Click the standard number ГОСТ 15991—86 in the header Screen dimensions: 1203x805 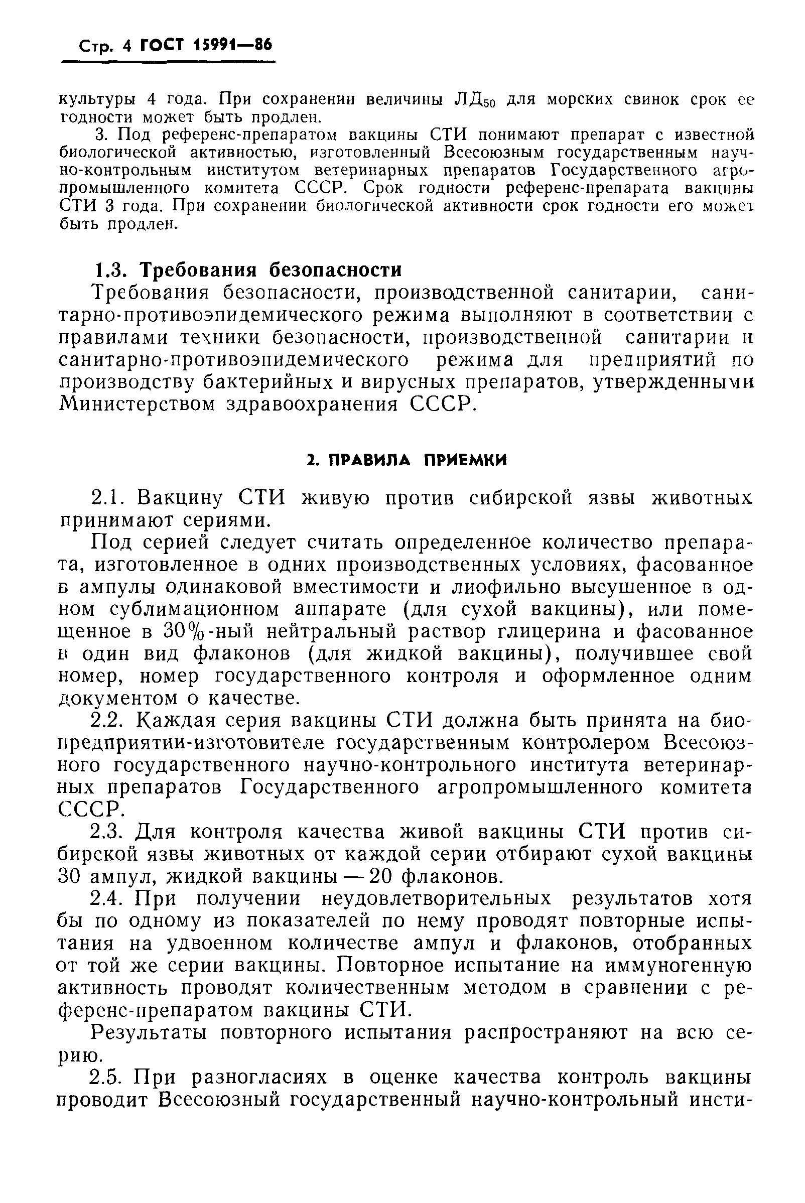[206, 46]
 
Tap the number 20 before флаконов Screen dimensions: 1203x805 [381, 876]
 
